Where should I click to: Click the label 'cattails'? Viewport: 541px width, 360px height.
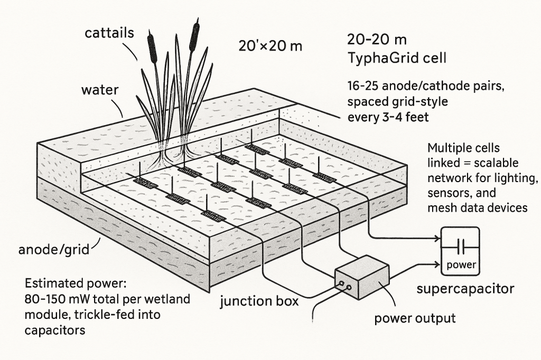point(109,33)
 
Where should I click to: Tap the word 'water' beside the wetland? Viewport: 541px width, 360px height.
point(100,90)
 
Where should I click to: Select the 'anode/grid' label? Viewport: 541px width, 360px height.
point(54,249)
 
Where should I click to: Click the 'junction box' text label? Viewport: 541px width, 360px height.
point(259,301)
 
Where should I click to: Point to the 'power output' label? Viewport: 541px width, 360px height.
point(415,318)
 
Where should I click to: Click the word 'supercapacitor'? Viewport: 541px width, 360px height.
point(465,289)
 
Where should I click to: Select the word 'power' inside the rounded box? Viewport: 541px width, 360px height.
point(461,265)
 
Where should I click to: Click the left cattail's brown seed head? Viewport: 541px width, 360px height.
point(152,47)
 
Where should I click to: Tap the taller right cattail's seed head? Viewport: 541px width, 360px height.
point(194,35)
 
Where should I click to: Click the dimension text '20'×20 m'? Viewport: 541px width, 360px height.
point(270,45)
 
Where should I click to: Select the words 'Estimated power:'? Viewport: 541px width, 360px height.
point(76,284)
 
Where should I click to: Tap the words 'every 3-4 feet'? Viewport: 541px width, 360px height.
point(388,117)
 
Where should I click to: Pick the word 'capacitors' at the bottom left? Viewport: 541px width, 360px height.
point(55,330)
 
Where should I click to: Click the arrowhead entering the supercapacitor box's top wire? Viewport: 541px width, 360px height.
point(438,238)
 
